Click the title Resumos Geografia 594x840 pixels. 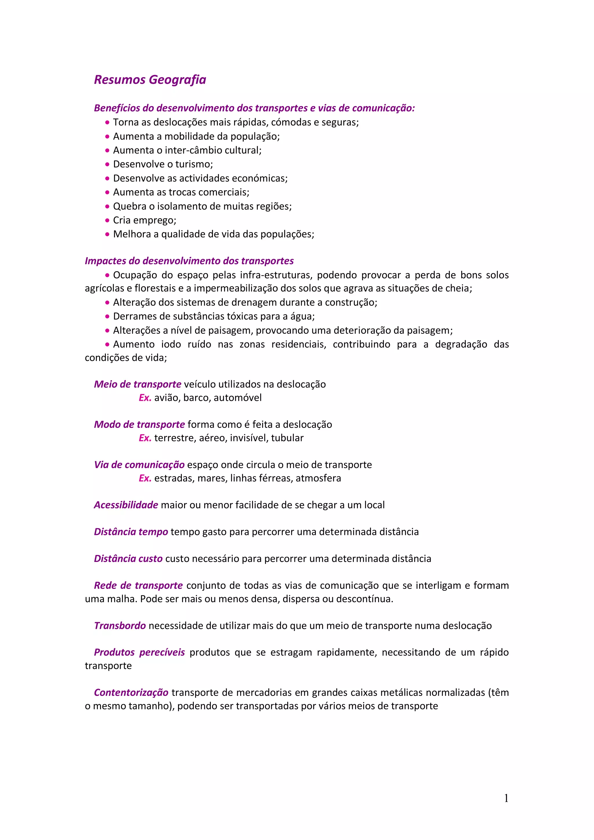tap(150, 80)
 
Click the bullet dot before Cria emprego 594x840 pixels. tap(107, 220)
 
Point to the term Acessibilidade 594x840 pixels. tap(126, 505)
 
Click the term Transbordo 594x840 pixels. tap(120, 626)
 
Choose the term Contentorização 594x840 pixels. tap(131, 693)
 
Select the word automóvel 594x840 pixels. tap(238, 398)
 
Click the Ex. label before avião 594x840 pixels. tap(145, 398)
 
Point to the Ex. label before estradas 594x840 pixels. tap(145, 478)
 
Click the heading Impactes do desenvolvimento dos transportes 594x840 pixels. tap(189, 261)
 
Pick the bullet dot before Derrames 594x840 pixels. tap(107, 316)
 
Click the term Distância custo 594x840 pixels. tap(128, 559)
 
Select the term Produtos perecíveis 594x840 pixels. tap(139, 652)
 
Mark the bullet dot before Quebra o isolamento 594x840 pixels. tap(107, 206)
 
